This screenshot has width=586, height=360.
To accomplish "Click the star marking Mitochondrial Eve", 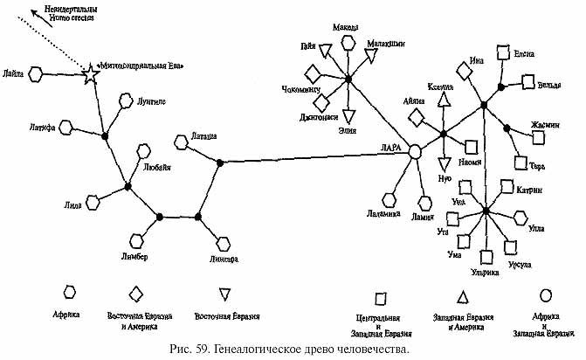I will click(90, 75).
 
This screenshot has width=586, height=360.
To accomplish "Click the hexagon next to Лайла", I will click(36, 75).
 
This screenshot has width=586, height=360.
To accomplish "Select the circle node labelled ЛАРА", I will click(417, 150).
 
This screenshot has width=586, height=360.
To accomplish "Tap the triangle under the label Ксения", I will click(444, 100).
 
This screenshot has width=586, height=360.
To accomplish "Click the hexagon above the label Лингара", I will click(223, 244).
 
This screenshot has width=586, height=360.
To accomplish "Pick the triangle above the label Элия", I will click(348, 115).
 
